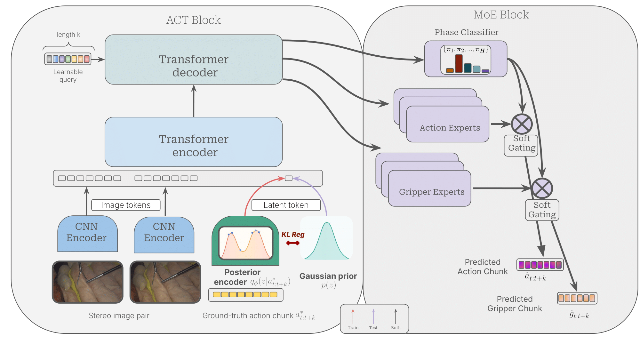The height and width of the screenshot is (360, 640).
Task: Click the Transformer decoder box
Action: [x=194, y=60]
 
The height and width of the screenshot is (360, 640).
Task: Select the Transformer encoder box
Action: [x=194, y=142]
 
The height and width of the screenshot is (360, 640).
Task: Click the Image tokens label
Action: [x=126, y=205]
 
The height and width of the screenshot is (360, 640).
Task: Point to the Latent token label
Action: [x=286, y=205]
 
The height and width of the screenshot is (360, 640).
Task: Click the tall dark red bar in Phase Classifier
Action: [x=459, y=63]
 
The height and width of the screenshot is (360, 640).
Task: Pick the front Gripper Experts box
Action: [x=429, y=188]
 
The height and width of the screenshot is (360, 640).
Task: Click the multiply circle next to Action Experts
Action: [x=522, y=124]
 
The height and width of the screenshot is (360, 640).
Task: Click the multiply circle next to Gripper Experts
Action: [x=542, y=188]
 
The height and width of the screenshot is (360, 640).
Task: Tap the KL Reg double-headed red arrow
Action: [x=293, y=243]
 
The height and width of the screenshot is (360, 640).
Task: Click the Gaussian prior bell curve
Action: [x=326, y=238]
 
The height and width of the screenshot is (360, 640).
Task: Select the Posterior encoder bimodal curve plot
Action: [x=245, y=243]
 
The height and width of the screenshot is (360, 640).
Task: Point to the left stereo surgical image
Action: [x=88, y=282]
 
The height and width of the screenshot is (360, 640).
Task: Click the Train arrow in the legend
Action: [x=353, y=317]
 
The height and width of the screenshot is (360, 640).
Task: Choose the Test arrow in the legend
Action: [x=373, y=317]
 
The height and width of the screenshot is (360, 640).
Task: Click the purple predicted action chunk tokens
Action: [x=540, y=265]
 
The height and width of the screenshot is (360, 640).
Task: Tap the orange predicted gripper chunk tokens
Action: [x=577, y=298]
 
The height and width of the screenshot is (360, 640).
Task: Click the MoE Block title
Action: [x=501, y=15]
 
